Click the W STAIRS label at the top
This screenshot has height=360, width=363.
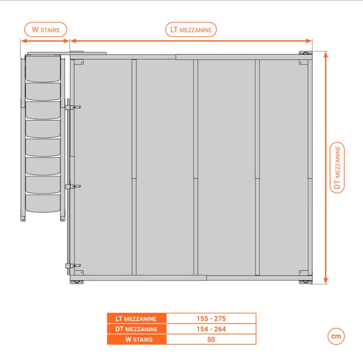coord(45,29)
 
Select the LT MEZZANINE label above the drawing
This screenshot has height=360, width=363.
coord(191,30)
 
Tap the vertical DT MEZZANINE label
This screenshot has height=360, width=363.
coord(337,167)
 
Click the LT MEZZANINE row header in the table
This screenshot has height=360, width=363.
coord(137,318)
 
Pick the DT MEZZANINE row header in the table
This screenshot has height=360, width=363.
coord(137,329)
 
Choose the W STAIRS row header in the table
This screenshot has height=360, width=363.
coord(137,339)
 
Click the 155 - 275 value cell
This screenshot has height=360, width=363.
coord(211,318)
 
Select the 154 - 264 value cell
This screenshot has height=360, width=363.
coord(211,329)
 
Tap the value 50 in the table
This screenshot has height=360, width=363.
coord(211,339)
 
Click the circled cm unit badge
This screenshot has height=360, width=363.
coord(336,336)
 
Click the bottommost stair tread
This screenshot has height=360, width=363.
coord(43,203)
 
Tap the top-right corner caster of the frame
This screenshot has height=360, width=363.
coord(305,53)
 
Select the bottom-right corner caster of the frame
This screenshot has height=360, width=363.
coord(305,282)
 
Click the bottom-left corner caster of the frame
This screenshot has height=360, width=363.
coord(76,282)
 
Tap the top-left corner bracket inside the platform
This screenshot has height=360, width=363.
coord(79,62)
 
